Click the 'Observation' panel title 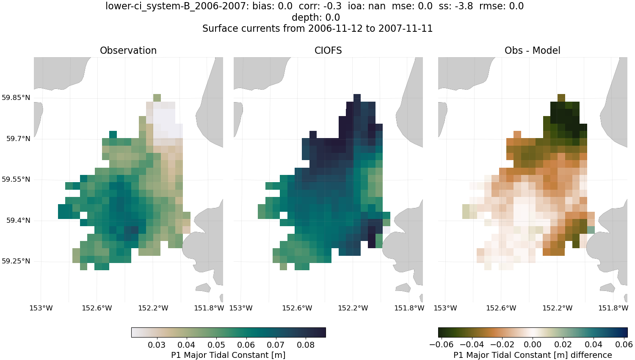(128, 50)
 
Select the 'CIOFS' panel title (328, 50)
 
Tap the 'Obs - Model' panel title (532, 50)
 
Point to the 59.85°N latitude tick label (16, 98)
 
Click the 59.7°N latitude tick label (18, 139)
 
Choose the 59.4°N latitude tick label (18, 221)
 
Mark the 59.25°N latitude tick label (16, 261)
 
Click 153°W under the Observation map (41, 308)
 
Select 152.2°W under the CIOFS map (353, 308)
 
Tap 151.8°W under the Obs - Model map (613, 308)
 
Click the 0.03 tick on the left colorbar (157, 345)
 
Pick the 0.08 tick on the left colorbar (306, 345)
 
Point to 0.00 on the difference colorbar (533, 345)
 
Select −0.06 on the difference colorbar (441, 345)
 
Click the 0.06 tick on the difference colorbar (624, 345)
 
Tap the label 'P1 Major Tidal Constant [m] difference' (533, 355)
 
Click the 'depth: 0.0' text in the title (316, 17)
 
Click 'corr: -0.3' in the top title (321, 6)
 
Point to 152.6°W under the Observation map (97, 308)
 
